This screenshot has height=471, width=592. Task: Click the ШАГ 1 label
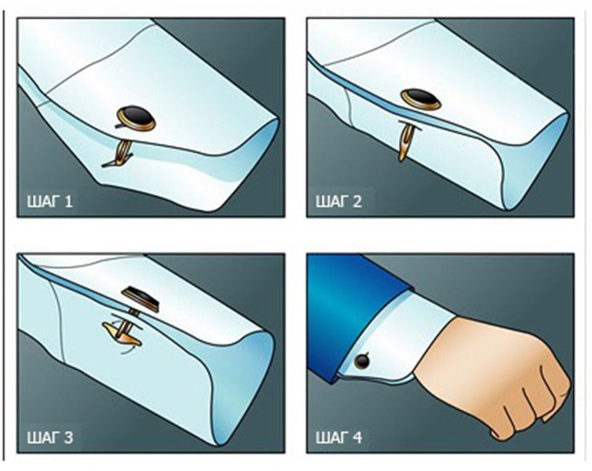(49, 201)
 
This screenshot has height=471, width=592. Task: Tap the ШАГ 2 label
(338, 201)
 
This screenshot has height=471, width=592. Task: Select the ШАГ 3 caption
(49, 437)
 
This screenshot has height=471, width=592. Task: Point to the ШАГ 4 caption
(339, 437)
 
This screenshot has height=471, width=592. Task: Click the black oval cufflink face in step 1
(137, 118)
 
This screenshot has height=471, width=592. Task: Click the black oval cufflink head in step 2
(421, 99)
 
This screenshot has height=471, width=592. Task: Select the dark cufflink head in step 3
(141, 298)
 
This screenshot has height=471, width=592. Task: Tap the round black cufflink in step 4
(362, 361)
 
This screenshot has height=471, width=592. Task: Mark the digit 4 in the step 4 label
(357, 437)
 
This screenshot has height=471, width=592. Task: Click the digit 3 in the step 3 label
(68, 437)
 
